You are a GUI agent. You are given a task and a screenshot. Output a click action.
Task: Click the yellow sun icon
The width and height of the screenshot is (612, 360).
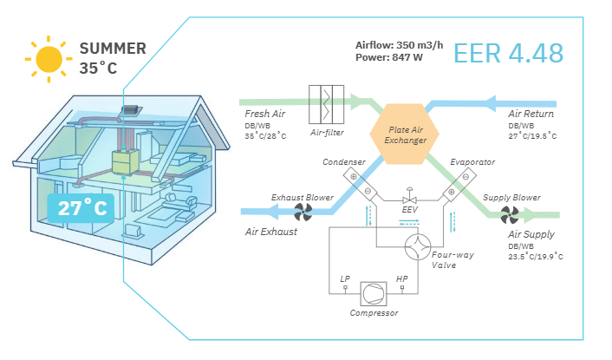tap(48, 58)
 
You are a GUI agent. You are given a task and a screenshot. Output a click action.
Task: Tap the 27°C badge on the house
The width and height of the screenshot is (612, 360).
tap(84, 209)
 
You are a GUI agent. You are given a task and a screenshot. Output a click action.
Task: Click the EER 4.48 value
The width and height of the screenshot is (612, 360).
tap(509, 53)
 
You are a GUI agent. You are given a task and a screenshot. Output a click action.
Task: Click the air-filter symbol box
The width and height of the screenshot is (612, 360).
tap(327, 105)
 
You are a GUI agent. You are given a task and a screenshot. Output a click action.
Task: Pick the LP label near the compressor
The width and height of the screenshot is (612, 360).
tap(345, 279)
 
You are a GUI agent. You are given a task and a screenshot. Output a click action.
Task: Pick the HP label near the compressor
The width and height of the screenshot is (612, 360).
tap(401, 279)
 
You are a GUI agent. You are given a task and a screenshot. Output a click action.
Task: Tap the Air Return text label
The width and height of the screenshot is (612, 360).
tap(531, 114)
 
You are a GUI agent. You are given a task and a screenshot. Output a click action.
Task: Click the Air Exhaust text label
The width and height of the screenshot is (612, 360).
tap(272, 232)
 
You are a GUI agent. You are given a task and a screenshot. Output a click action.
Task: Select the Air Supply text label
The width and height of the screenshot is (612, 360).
tap(531, 234)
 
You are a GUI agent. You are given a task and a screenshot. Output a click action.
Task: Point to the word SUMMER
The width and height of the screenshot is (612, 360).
tap(113, 49)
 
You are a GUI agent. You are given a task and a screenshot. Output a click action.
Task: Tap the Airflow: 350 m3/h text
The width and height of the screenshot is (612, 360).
tap(399, 44)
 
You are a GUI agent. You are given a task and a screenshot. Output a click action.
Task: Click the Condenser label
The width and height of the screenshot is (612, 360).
tap(342, 162)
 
